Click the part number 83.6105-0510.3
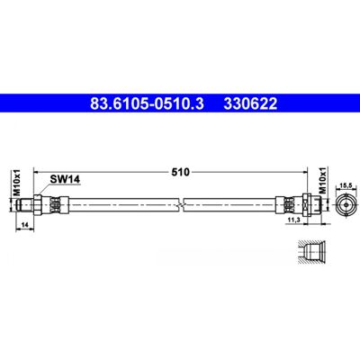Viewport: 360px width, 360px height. coord(147,103)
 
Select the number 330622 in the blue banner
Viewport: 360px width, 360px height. coord(250,103)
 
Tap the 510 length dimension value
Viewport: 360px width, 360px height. coord(181,172)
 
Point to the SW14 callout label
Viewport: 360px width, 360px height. coord(65,179)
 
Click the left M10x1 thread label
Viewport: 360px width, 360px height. coord(17,182)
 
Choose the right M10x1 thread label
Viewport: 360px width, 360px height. coord(322,180)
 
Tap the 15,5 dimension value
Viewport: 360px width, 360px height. coord(346,186)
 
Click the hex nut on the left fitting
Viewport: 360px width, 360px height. coord(38,204)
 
